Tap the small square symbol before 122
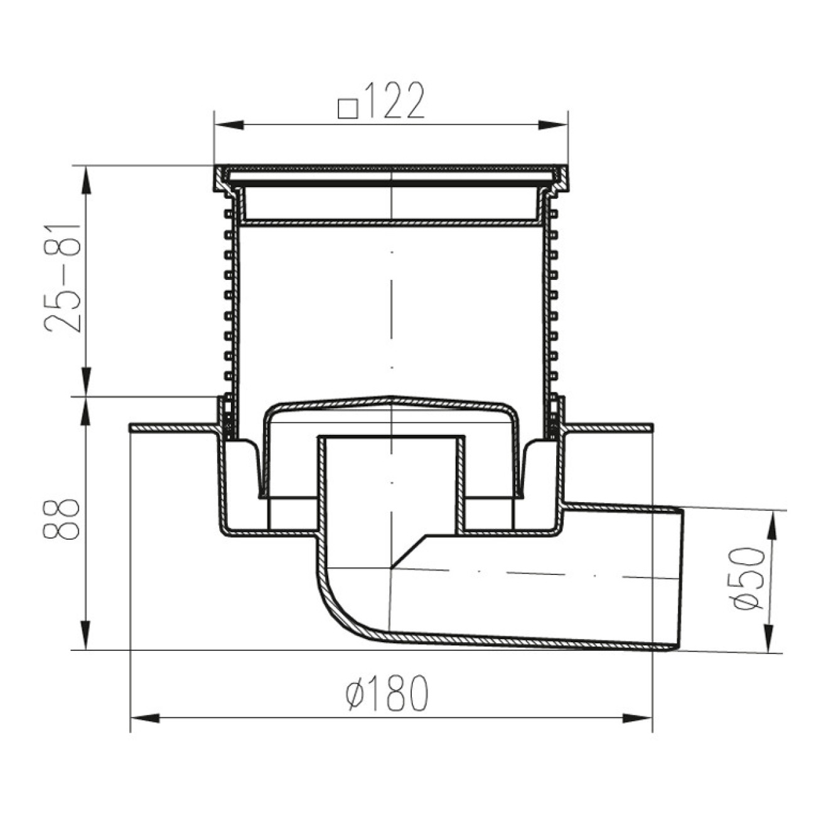point(348,109)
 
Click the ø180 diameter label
point(387,693)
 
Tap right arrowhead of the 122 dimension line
point(552,125)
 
